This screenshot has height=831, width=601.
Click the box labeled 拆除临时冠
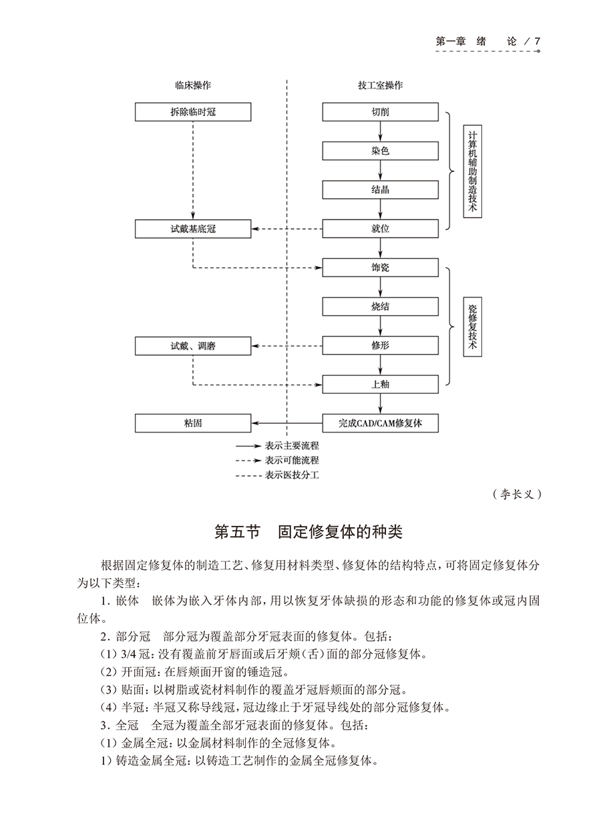tap(193, 112)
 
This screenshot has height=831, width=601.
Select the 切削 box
tap(380, 112)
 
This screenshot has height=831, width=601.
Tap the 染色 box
tap(380, 151)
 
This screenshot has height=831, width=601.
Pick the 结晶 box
tap(380, 190)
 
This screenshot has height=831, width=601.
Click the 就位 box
tap(380, 229)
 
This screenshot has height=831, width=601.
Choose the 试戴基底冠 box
tap(193, 229)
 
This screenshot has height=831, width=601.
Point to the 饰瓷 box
tap(380, 268)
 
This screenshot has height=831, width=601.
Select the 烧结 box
tap(380, 306)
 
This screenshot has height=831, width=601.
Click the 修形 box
tap(380, 346)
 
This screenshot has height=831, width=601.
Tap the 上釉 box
tap(380, 384)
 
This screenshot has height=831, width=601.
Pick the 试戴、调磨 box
tap(193, 346)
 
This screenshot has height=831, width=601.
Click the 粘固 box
tap(193, 423)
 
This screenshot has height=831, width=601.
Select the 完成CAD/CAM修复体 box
tap(380, 423)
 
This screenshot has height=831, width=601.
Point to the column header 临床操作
tap(193, 85)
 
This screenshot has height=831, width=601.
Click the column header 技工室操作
tap(380, 85)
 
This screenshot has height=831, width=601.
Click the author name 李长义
tap(515, 495)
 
